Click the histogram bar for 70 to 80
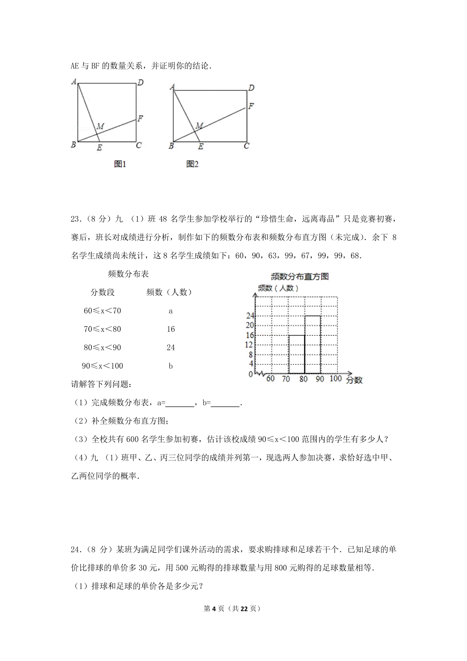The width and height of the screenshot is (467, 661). (x=297, y=354)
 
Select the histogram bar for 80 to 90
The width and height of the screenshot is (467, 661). (x=313, y=344)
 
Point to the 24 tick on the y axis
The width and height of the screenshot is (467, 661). (x=250, y=316)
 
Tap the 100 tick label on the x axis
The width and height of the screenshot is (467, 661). (x=335, y=378)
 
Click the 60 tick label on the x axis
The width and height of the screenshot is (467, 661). (x=270, y=378)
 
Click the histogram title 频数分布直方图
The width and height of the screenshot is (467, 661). (x=300, y=276)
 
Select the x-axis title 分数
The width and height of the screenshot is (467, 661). (x=354, y=380)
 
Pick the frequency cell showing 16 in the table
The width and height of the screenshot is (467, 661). (x=170, y=329)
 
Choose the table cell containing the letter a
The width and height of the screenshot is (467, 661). (x=170, y=311)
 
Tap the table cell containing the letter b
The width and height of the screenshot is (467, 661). (x=170, y=366)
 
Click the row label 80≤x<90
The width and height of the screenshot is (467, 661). (x=102, y=348)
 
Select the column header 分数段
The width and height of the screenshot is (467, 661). (x=103, y=292)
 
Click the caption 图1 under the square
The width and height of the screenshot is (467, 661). (x=120, y=164)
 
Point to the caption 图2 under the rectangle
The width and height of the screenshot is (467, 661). (x=192, y=164)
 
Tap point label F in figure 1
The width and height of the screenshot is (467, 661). (x=140, y=118)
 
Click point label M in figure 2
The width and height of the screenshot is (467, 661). (x=199, y=125)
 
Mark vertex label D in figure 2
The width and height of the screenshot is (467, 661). (x=251, y=88)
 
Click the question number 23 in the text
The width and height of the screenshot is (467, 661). (x=75, y=219)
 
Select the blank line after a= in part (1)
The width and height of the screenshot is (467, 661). (x=180, y=404)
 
